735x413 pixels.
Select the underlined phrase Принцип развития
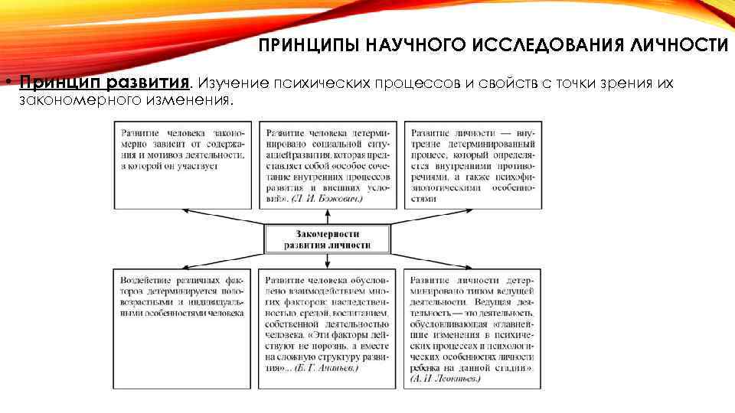[x=104, y=83]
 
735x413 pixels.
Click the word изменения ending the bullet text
[x=198, y=99]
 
